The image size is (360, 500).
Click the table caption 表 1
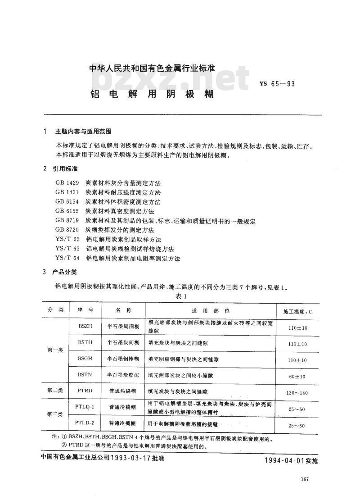pos(181,296)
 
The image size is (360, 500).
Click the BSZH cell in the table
pos(85,326)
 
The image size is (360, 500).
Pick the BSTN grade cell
pos(85,374)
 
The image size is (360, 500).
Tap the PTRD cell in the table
pos(85,391)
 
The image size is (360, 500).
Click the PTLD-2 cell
pos(85,423)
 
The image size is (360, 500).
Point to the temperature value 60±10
pos(297,376)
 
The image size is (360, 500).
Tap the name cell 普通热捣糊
pos(122,391)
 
